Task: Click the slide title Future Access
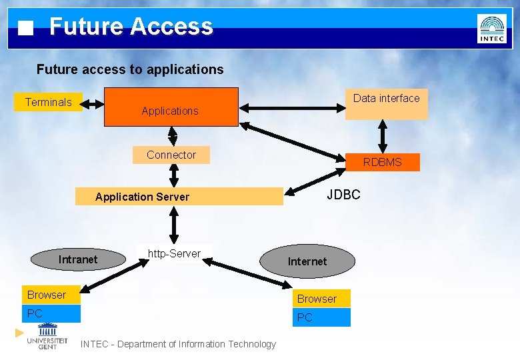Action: tap(131, 27)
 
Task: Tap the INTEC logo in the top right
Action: tap(491, 29)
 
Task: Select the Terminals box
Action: tap(48, 102)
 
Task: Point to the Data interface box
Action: tap(386, 104)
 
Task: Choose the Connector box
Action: tap(171, 155)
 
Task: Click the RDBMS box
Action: tap(383, 162)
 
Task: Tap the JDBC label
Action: tap(343, 195)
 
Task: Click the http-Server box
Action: tap(174, 254)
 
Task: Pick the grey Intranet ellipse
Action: tap(79, 259)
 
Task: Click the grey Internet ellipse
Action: tap(307, 261)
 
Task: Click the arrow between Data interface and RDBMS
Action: tap(383, 137)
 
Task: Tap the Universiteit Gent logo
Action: tap(47, 336)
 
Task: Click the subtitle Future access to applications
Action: tap(130, 69)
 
